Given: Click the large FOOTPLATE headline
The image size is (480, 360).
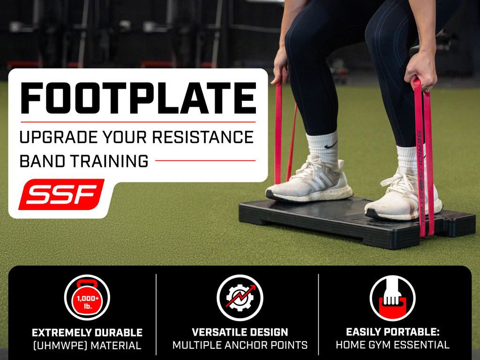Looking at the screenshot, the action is (138, 98).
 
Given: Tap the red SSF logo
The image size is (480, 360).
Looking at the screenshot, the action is (61, 195).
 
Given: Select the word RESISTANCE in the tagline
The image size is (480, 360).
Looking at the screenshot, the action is (203, 137).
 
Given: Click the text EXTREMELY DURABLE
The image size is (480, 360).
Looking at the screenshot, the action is (87, 332).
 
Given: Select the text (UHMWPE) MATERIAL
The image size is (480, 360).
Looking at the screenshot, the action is (87, 345).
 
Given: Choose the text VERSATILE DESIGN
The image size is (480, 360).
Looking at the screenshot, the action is (240, 332).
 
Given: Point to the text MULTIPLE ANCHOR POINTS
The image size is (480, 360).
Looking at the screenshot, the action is (240, 345).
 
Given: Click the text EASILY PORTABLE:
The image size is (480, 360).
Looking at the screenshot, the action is (393, 332).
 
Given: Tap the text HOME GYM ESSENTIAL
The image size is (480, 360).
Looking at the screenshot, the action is (393, 345).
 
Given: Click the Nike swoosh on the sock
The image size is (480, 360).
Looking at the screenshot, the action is (330, 145).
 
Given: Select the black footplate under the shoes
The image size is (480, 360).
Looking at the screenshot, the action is (357, 222).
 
